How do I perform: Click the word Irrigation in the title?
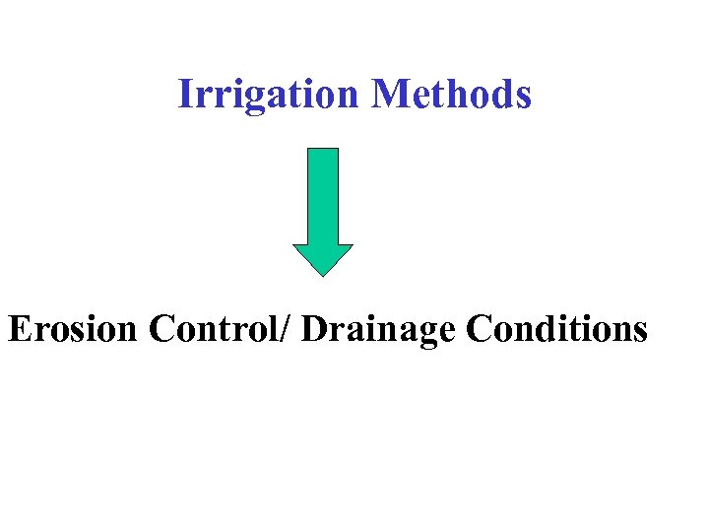pyautogui.click(x=269, y=95)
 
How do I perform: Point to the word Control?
pyautogui.click(x=214, y=328)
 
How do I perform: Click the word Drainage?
pyautogui.click(x=379, y=330)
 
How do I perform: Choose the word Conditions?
pyautogui.click(x=556, y=328)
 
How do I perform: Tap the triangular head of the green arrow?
pyautogui.click(x=323, y=258)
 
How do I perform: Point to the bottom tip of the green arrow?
pyautogui.click(x=323, y=274)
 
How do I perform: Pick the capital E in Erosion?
pyautogui.click(x=19, y=328)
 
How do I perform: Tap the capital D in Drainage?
pyautogui.click(x=314, y=328)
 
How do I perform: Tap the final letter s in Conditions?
pyautogui.click(x=640, y=331)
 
